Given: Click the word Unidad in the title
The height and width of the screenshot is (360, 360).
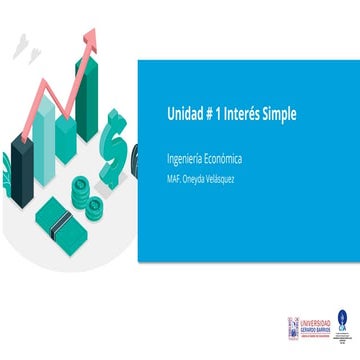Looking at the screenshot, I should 183,115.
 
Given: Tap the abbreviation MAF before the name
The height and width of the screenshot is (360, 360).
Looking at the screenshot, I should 174,180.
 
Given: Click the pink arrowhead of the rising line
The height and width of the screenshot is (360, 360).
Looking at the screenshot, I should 91,36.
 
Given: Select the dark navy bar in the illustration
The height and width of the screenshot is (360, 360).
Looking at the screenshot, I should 22,160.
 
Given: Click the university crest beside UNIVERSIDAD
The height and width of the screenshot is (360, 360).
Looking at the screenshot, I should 293,324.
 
